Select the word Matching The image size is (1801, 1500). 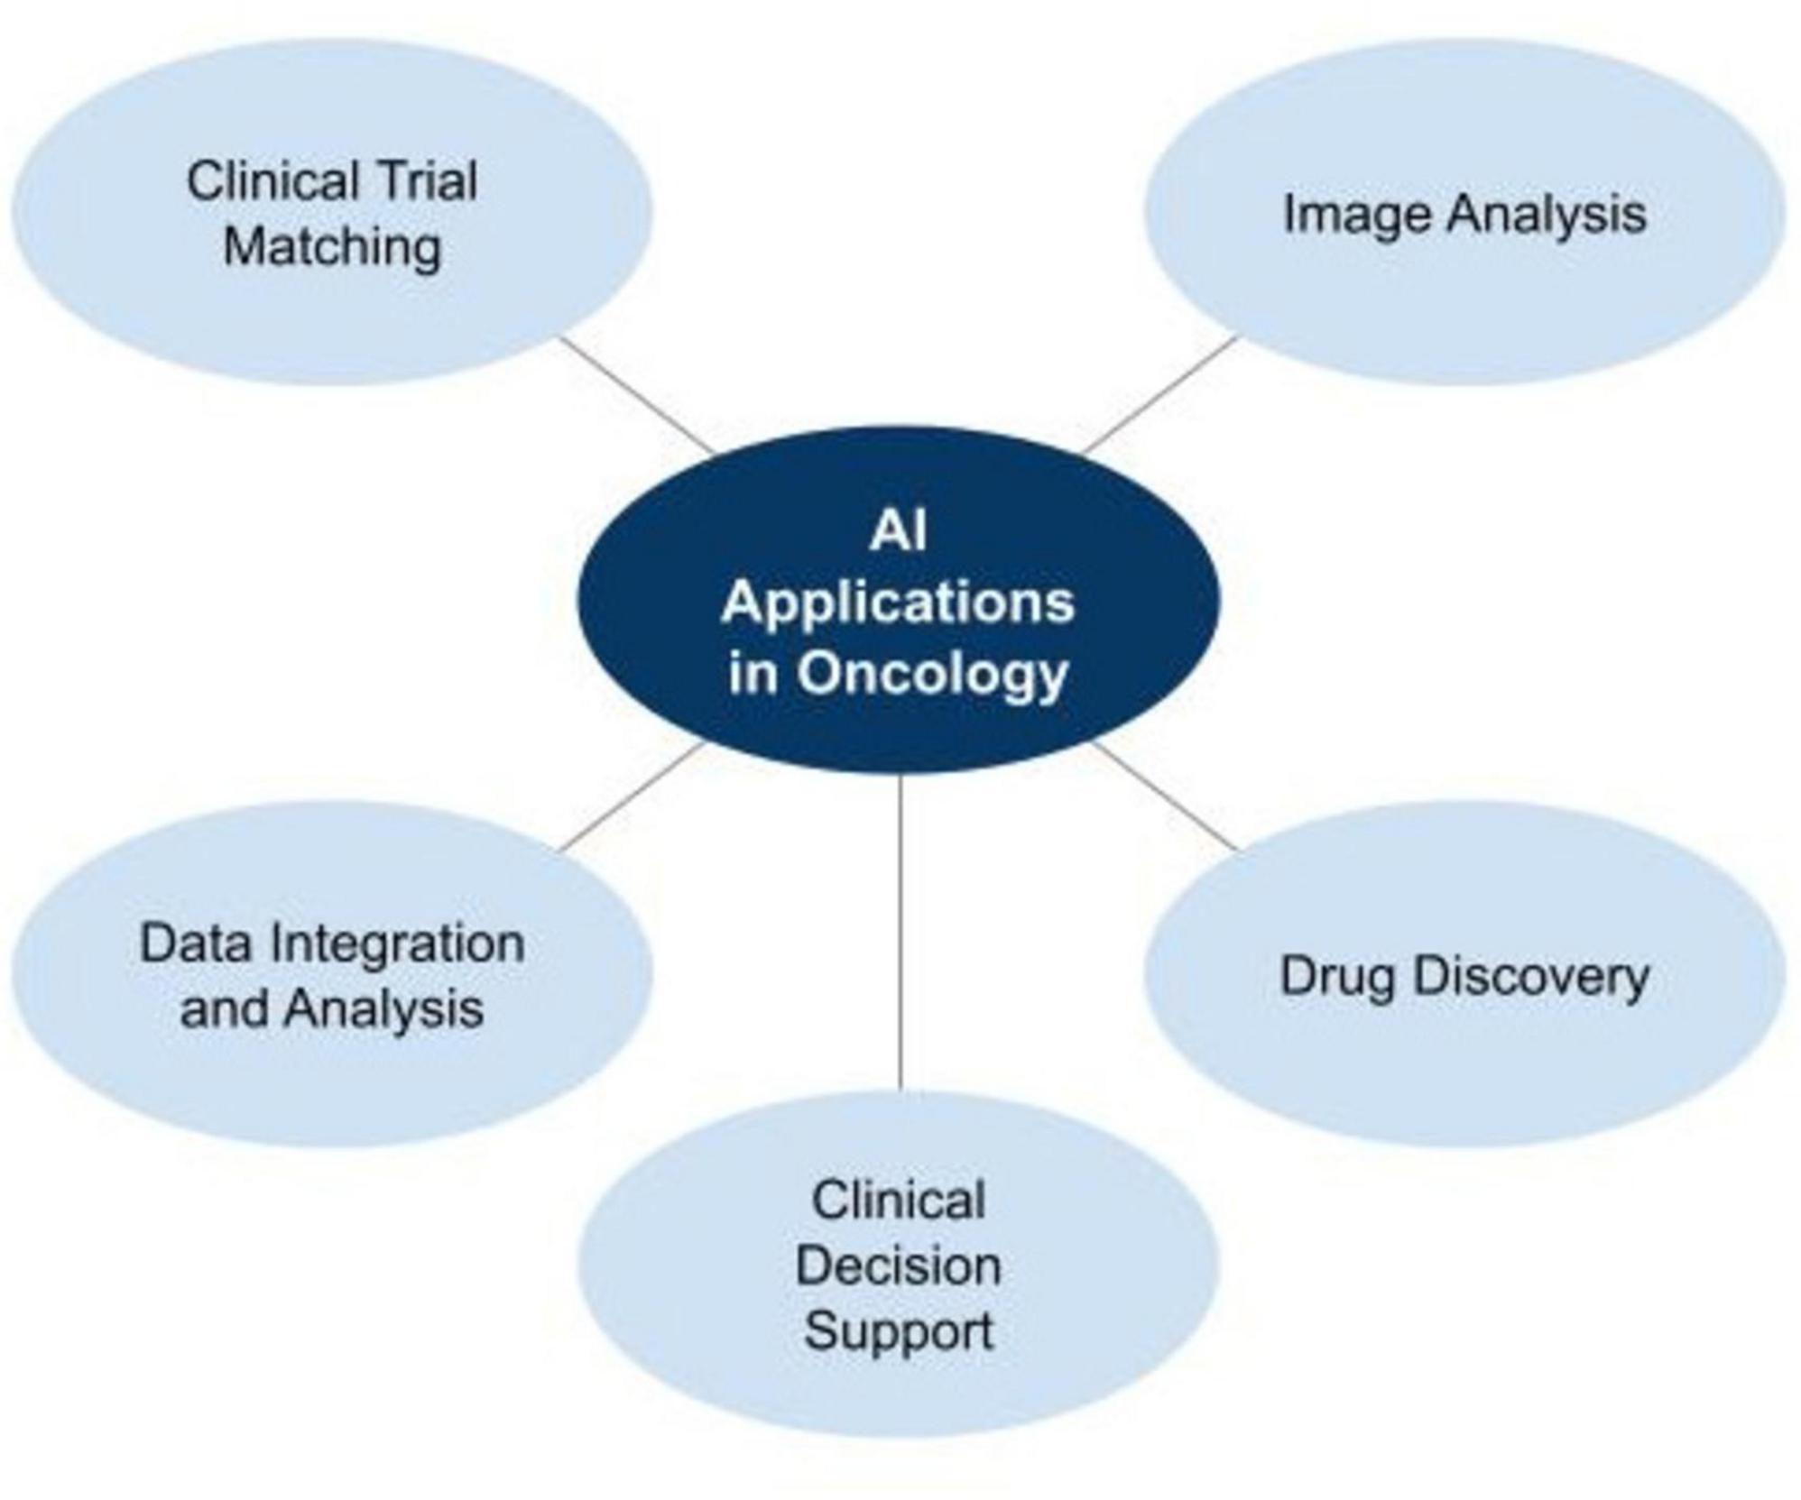[x=332, y=247]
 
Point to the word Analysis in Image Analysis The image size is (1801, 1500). [x=1547, y=216]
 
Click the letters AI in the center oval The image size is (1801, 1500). [x=898, y=530]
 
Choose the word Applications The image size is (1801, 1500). [x=898, y=603]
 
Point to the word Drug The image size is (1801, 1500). [x=1337, y=978]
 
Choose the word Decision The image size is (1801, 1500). [x=898, y=1266]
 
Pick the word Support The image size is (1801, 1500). [x=899, y=1332]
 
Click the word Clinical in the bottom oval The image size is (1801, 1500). [x=899, y=1201]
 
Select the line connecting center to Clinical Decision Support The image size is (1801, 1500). [x=900, y=931]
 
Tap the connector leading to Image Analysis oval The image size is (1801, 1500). [x=1159, y=395]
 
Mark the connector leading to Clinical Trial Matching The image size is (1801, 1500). [x=637, y=395]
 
